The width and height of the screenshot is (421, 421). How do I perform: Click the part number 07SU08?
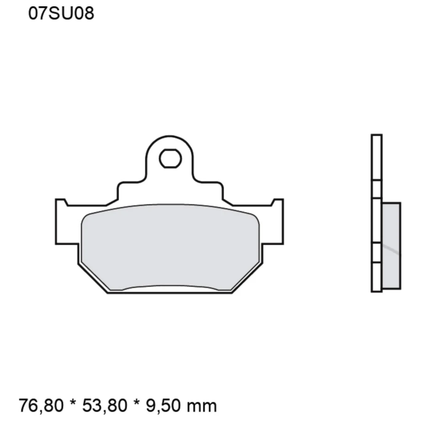coord(61,13)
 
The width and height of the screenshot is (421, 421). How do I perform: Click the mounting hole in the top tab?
coord(170,158)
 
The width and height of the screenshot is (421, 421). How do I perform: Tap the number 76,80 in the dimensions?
coord(41,405)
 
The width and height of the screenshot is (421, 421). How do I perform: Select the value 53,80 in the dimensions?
coord(104,405)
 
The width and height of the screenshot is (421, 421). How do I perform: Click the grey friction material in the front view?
coord(170,247)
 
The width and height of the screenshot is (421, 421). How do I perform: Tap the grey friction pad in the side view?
coord(391,246)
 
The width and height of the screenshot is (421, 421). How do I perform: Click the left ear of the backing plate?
coord(67,222)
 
